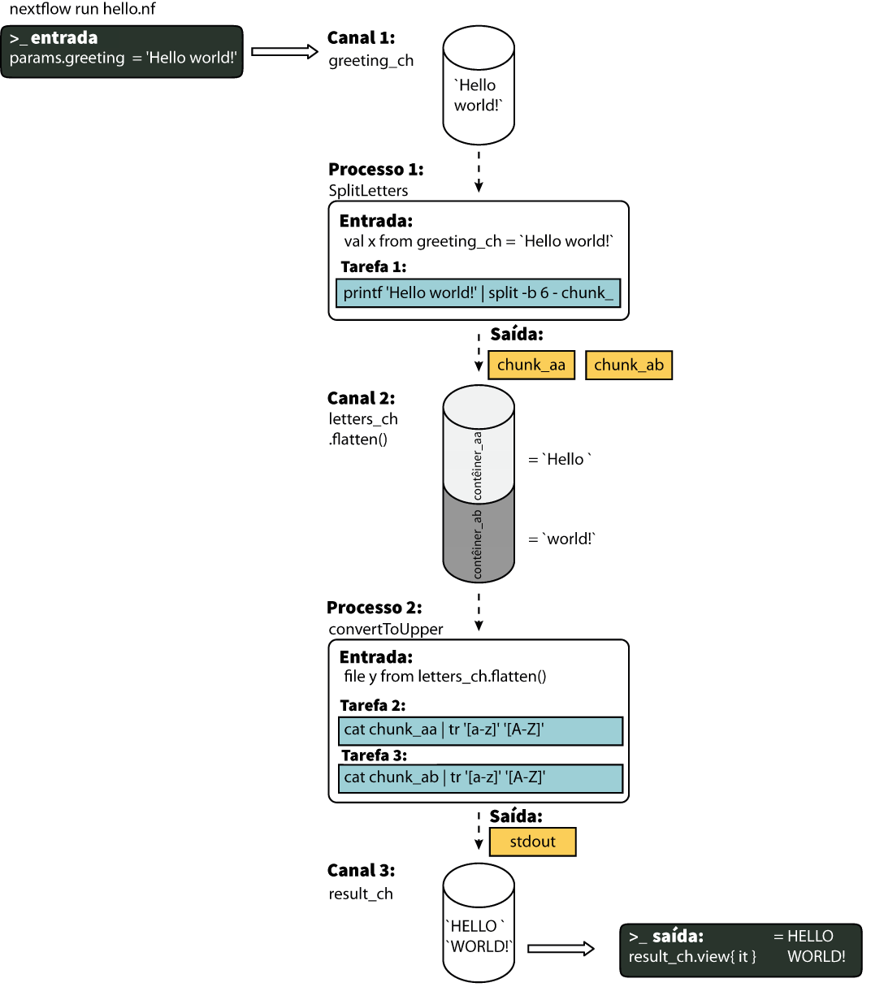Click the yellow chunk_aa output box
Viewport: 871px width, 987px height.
(x=531, y=365)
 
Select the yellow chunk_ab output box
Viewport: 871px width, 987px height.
(x=628, y=365)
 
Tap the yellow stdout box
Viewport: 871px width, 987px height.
(x=532, y=842)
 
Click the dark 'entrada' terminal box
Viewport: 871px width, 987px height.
(x=122, y=51)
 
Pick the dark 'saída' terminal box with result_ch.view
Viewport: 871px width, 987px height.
(x=740, y=949)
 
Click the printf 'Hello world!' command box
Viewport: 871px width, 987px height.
(x=478, y=293)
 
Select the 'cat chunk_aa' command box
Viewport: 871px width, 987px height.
(x=480, y=730)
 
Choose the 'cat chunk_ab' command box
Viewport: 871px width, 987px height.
(x=480, y=778)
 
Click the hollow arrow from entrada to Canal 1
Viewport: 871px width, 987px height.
(x=284, y=52)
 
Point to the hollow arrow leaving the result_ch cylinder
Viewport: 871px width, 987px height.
(x=561, y=948)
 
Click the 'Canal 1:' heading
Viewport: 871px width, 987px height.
(x=361, y=38)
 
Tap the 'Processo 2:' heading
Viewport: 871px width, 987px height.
(x=374, y=608)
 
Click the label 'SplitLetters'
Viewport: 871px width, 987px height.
(x=368, y=191)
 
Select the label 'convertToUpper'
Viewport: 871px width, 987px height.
(x=385, y=630)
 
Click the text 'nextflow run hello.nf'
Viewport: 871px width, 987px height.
(x=82, y=10)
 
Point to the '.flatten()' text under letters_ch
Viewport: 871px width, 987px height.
(x=358, y=439)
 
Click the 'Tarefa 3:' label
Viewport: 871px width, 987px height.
(x=374, y=755)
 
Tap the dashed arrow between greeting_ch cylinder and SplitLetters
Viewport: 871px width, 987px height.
(x=479, y=171)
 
